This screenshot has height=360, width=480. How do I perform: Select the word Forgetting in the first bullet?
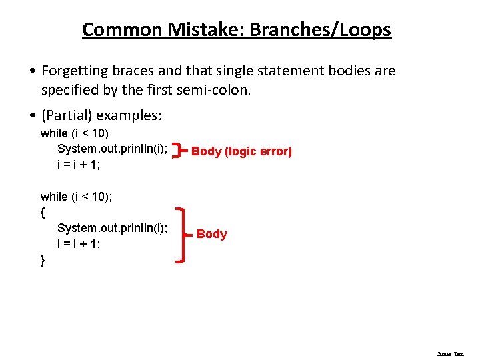click(75, 71)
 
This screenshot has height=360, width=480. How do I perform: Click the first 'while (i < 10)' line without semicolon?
click(75, 133)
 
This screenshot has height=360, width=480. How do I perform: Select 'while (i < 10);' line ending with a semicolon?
click(76, 196)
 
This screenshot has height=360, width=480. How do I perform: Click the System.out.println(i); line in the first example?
click(112, 149)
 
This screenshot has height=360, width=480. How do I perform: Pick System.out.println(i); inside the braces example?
click(112, 228)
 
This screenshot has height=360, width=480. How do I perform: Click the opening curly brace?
click(43, 212)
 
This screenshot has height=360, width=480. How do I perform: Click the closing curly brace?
click(43, 260)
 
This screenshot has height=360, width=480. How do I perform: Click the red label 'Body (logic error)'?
click(241, 151)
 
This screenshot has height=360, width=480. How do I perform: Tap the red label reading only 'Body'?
click(212, 234)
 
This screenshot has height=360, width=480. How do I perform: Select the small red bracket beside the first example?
click(177, 151)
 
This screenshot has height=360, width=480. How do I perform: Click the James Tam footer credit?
click(450, 355)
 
